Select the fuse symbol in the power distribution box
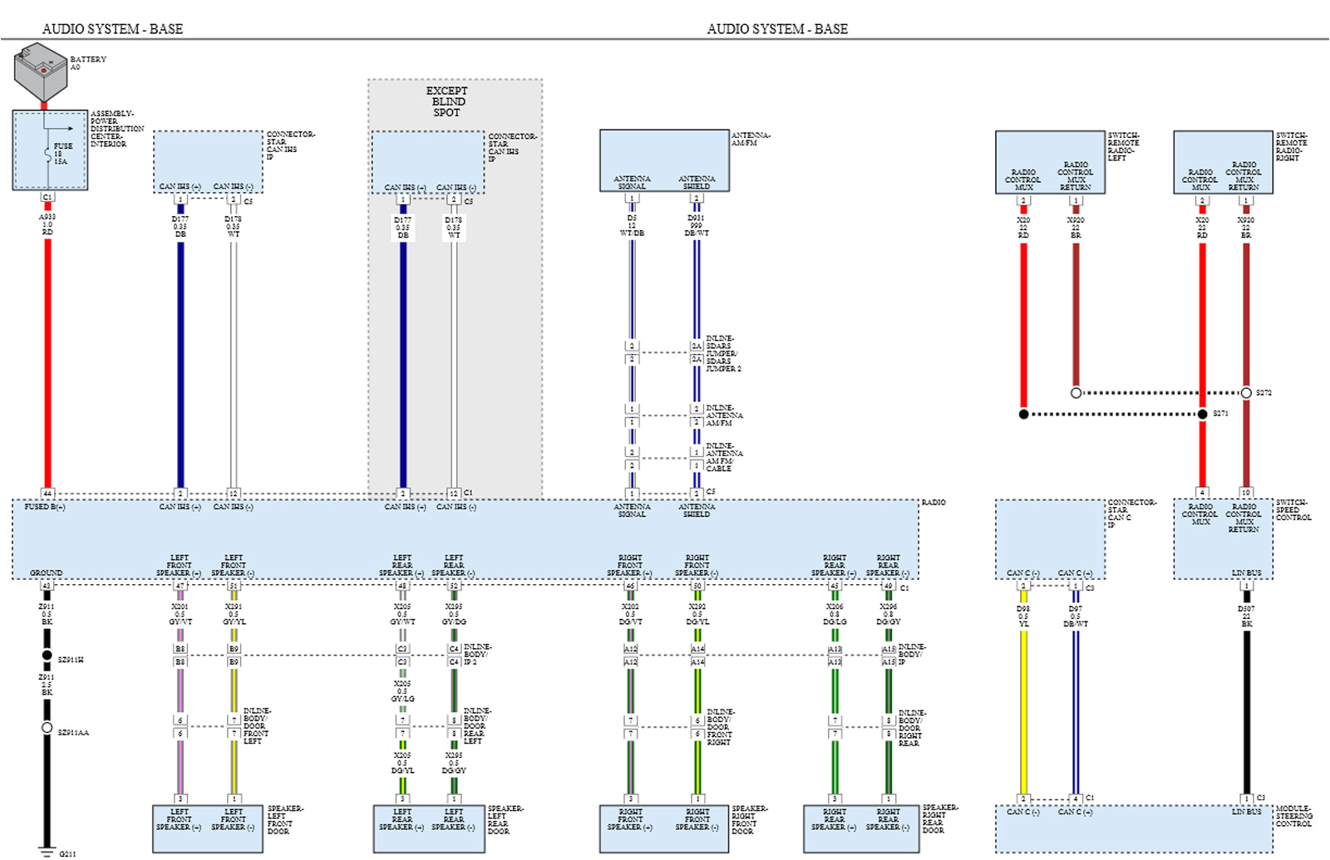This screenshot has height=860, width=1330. [x=47, y=154]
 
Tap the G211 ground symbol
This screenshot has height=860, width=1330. [x=47, y=852]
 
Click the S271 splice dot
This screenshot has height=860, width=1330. [x=1202, y=414]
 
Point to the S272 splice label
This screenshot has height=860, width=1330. [x=1263, y=393]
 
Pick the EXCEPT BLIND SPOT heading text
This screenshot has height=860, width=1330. [x=446, y=101]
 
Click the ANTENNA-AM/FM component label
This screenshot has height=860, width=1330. [x=750, y=139]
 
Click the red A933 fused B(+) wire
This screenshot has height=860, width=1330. [x=47, y=357]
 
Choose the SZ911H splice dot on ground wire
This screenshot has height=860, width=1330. [x=47, y=656]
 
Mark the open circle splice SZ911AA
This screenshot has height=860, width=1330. [x=47, y=728]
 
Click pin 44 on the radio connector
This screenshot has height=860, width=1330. [x=47, y=493]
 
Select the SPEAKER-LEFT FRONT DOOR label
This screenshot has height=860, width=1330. [x=284, y=819]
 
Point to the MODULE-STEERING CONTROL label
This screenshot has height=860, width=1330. [x=1293, y=816]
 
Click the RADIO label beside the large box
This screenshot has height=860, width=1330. [x=933, y=503]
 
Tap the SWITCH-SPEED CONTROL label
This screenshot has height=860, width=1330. [x=1293, y=509]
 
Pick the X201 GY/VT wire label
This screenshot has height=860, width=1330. [x=180, y=614]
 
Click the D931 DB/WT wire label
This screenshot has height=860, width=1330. [x=697, y=225]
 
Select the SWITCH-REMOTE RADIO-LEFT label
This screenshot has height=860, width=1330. [x=1123, y=146]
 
